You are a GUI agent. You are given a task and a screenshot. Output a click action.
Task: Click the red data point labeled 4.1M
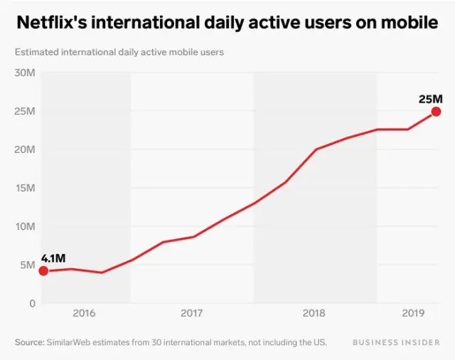tap(43, 270)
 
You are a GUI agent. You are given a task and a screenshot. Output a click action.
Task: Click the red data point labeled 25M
tap(436, 112)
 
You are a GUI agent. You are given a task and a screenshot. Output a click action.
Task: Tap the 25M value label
tap(431, 98)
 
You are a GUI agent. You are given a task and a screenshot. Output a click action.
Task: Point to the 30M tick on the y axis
tap(26, 73)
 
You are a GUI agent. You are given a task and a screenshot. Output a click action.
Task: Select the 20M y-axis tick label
tap(26, 149)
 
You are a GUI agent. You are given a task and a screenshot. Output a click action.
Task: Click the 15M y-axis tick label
tap(26, 188)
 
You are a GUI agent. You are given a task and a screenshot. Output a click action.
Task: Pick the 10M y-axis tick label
tap(26, 226)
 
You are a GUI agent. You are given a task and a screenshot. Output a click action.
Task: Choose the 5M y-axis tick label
tap(28, 265)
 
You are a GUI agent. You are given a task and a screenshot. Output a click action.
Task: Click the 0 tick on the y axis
tap(32, 303)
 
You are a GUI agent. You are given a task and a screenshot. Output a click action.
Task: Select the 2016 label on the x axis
tap(84, 313)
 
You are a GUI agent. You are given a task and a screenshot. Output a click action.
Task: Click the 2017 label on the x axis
tap(192, 313)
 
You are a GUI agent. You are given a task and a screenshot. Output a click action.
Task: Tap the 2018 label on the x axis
tap(314, 313)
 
